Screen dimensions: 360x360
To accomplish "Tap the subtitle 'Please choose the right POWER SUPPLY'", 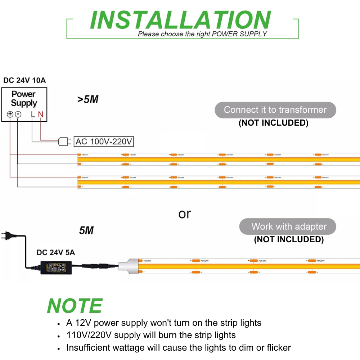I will click(202, 34).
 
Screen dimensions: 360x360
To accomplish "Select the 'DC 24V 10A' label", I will click(24, 80).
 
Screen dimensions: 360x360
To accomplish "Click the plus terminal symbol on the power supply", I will click(10, 114).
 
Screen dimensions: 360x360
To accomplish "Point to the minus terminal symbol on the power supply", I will click(18, 114).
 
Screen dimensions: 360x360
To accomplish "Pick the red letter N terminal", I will click(41, 114).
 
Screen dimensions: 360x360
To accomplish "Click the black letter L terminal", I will click(33, 114).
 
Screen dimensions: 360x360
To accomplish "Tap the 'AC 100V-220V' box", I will click(104, 141).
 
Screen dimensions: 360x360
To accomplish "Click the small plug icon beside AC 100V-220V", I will click(64, 142).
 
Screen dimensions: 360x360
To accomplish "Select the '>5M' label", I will click(87, 99).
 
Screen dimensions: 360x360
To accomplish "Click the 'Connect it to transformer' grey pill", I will click(275, 110).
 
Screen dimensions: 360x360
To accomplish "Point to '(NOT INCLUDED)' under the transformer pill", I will click(274, 123).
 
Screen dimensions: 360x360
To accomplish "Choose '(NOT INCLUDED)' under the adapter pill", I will click(289, 239).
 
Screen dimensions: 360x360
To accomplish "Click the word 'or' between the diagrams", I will click(184, 214).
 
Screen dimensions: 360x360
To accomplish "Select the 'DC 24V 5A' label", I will click(56, 252).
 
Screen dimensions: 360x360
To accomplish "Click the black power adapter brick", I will click(55, 267).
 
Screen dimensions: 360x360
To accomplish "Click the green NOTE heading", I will click(75, 306).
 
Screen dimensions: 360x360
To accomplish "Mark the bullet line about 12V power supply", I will click(164, 323).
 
